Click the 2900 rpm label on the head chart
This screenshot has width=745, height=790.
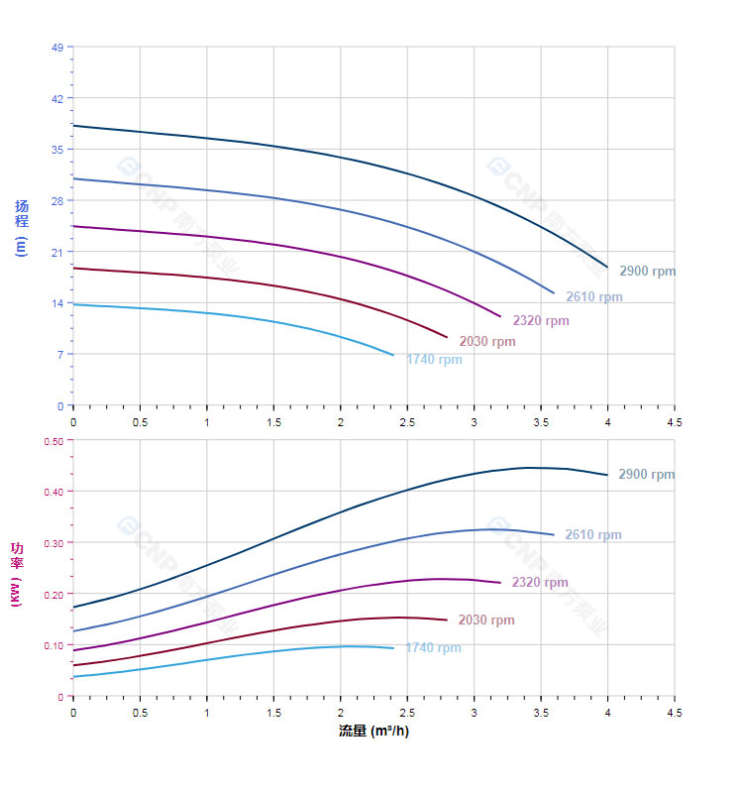click(647, 271)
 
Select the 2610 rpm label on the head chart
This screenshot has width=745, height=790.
click(594, 296)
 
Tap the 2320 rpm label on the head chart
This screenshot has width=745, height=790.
click(541, 320)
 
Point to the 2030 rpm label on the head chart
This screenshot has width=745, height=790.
click(487, 341)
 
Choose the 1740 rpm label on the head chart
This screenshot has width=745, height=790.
click(434, 359)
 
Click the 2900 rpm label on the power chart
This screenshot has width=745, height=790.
click(646, 474)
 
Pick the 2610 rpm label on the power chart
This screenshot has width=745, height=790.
click(593, 534)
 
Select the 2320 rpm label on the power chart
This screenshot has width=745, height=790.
click(540, 582)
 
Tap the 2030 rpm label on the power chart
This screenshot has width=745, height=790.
click(486, 620)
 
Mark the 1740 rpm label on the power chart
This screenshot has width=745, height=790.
click(433, 647)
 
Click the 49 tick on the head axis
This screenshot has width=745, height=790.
click(56, 48)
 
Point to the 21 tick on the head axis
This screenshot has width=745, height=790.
click(56, 252)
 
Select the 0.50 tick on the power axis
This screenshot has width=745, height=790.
click(53, 440)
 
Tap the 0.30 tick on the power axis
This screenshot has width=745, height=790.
click(53, 542)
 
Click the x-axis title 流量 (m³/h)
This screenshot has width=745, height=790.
click(373, 732)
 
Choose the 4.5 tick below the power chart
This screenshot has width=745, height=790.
click(674, 713)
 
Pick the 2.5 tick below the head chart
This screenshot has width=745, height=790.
click(406, 422)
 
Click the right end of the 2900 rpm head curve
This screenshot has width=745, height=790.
click(607, 267)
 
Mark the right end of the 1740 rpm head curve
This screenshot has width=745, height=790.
click(393, 355)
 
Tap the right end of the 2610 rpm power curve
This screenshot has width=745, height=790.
click(554, 534)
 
